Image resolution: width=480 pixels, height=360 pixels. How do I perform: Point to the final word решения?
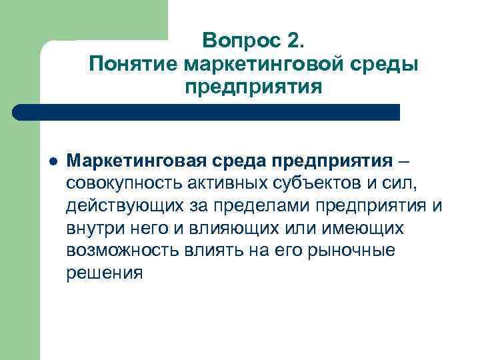105,273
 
